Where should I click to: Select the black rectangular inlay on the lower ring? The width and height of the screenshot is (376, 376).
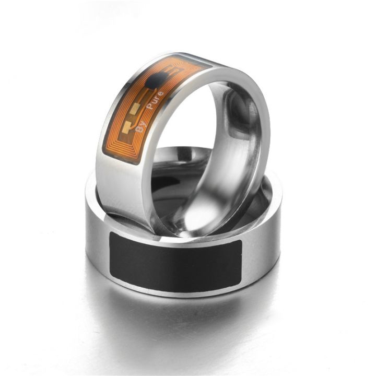(x=175, y=261)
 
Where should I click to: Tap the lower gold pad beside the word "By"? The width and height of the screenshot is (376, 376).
(x=127, y=125)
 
